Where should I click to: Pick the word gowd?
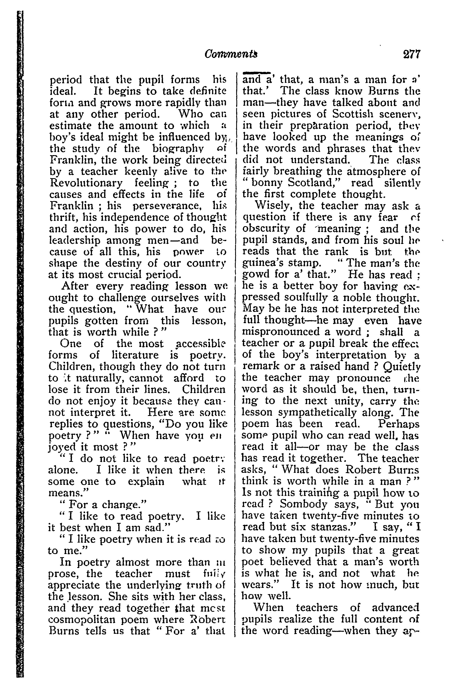click(256, 275)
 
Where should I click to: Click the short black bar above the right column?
click(256, 72)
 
